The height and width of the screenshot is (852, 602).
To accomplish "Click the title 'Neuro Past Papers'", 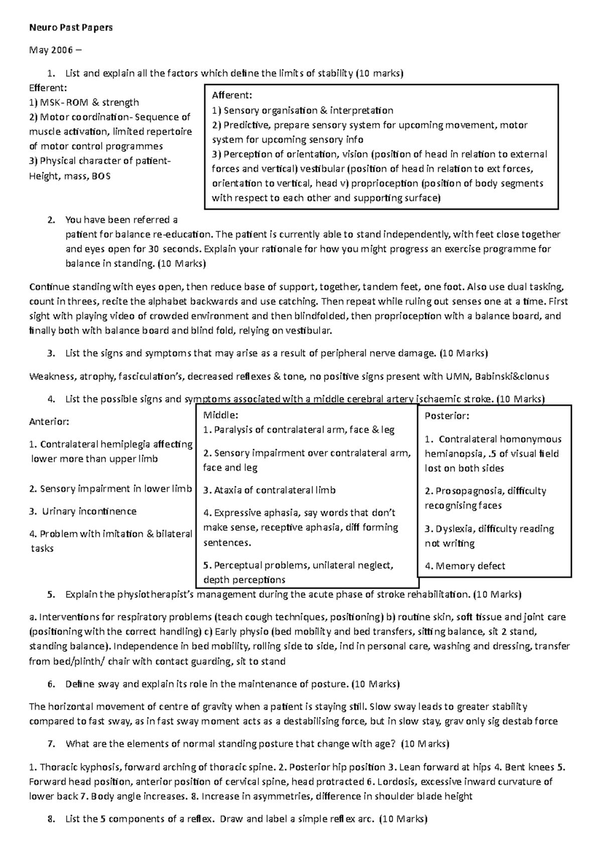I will coord(70,28).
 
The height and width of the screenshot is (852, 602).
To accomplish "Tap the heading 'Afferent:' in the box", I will coord(232,95).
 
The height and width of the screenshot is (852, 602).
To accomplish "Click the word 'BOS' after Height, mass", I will coord(101,176).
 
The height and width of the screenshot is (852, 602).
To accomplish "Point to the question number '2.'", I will coord(51,220).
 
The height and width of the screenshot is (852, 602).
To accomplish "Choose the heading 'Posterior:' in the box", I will coord(447,416).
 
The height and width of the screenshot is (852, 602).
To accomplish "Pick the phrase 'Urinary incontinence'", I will coord(89,511).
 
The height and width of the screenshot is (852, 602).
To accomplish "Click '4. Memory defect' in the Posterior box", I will coord(465,566).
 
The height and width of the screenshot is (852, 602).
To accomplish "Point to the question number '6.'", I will coord(51,684).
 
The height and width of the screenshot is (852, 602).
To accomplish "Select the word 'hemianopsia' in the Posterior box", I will coord(449,454).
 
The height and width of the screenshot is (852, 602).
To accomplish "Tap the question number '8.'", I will coord(51,819).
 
